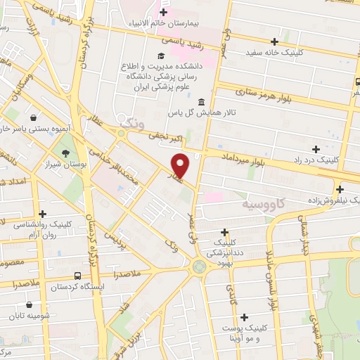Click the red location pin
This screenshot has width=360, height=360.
coord(181,165)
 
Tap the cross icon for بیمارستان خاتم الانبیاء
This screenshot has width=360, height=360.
coord(164,12)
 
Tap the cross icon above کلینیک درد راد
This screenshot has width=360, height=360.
coord(316,149)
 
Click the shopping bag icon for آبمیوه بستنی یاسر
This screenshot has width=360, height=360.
coord(33,117)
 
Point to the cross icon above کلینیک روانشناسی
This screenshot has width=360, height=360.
coord(43,214)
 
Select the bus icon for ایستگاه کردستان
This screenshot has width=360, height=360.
coord(76,276)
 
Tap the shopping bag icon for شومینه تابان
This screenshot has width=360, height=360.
coord(30,305)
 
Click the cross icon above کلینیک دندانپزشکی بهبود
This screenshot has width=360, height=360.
coord(225,232)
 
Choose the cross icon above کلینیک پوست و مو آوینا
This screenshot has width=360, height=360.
coord(244,318)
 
